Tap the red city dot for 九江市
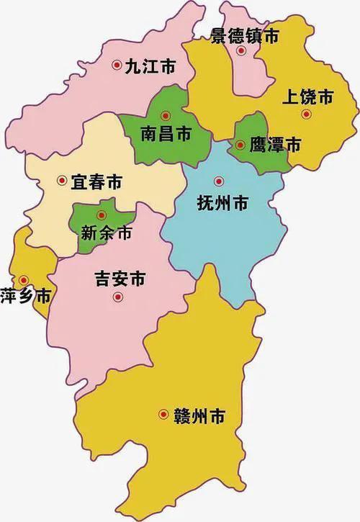click(116, 66)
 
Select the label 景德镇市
click(244, 35)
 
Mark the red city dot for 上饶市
click(306, 114)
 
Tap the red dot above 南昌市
click(166, 114)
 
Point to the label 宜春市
click(96, 181)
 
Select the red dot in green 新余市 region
click(102, 214)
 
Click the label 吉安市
click(120, 277)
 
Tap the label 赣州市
click(199, 415)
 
